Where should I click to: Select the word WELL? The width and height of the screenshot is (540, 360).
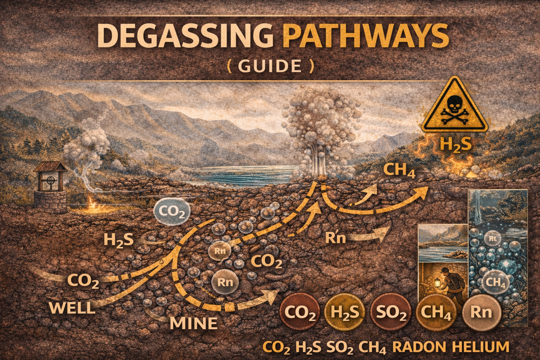click(72, 308)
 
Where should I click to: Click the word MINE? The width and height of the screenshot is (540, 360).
click(193, 323)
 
